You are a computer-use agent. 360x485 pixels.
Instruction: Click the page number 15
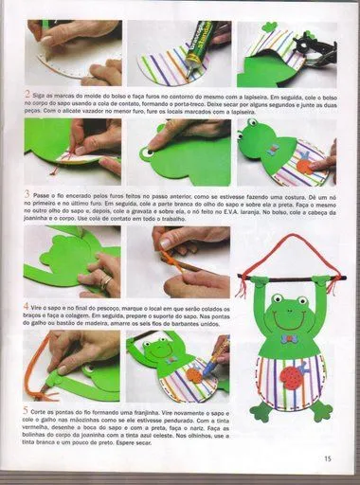(x=327, y=458)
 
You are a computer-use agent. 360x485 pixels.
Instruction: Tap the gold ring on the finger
(x=106, y=282)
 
